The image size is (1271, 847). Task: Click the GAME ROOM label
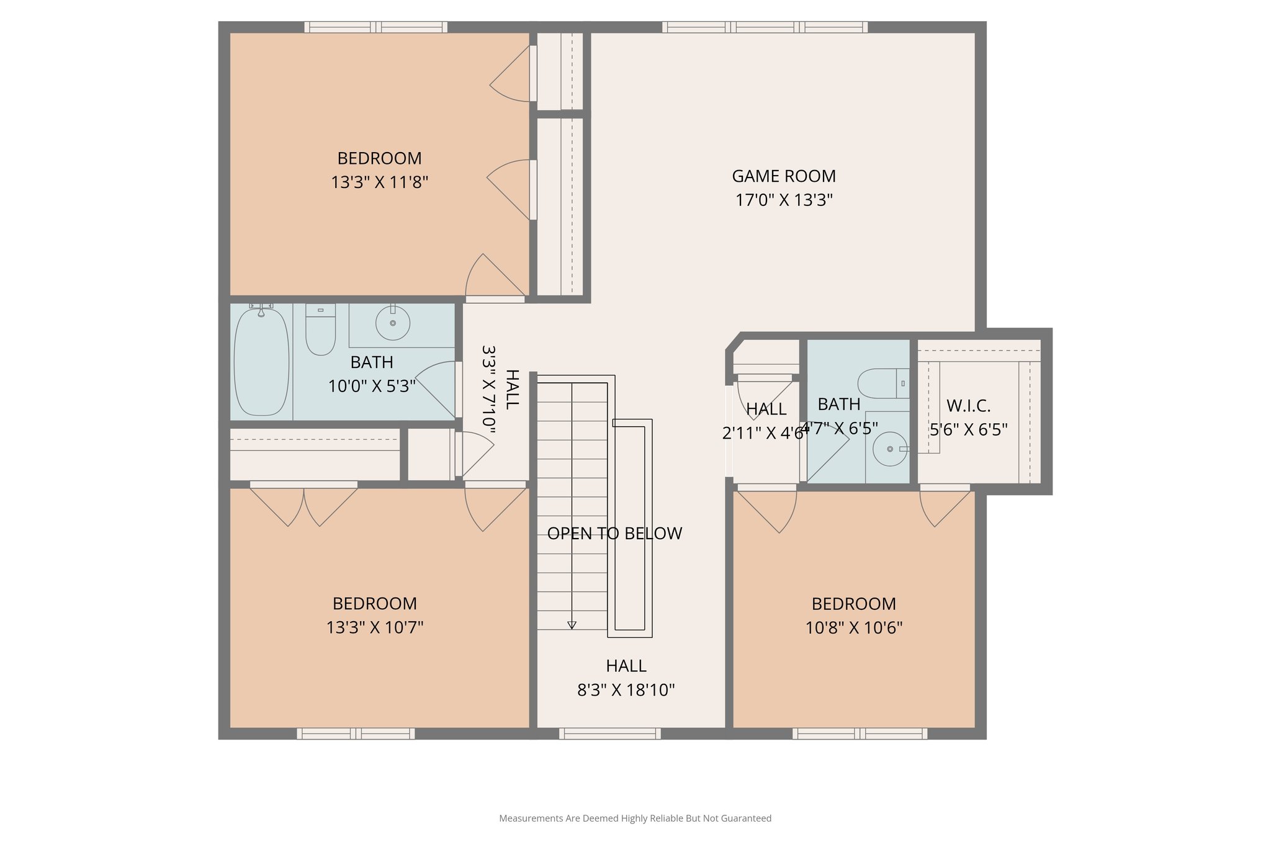point(783,176)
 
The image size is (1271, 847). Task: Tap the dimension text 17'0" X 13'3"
point(783,200)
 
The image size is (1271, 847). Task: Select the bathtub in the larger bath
point(261,362)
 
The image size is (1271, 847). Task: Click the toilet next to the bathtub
point(320,330)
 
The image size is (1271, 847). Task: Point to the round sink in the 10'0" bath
point(393,323)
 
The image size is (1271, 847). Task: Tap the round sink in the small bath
point(889,449)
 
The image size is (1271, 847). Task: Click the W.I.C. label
point(968,406)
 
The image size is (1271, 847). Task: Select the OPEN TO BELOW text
point(614,534)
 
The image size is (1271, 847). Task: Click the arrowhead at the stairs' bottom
point(572,625)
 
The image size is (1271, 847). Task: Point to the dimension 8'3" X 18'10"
point(626,690)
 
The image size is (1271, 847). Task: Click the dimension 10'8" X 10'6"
point(853,628)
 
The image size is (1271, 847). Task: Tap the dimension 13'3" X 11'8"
point(379,182)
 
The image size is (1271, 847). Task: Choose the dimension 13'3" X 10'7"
point(374,627)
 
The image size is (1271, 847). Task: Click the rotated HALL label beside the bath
point(511,389)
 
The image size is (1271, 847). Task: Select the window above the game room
point(764,27)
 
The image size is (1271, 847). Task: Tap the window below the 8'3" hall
point(609,733)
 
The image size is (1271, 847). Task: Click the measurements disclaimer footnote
point(635,818)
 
